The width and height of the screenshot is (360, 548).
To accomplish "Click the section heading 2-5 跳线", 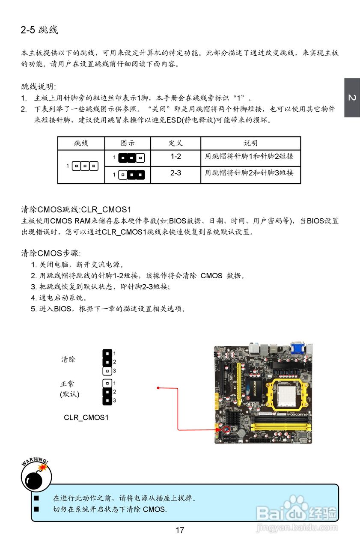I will (39, 30).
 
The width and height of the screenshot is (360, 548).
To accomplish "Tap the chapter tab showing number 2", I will (352, 98).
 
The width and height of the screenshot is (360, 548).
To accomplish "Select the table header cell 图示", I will (128, 143).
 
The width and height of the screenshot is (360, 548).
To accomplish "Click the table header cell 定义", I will (176, 143).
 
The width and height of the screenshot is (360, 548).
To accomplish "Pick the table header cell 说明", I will (250, 143).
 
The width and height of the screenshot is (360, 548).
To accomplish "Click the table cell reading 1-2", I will (176, 157).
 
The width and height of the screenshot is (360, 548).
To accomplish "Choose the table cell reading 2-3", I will (176, 173).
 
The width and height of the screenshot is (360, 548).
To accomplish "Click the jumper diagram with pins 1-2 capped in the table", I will (131, 158).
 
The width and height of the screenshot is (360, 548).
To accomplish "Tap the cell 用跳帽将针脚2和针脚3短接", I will (249, 173).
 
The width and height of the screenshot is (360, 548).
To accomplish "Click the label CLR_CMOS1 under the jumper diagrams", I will (86, 417).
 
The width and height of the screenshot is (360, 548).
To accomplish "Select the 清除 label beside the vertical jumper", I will (68, 360).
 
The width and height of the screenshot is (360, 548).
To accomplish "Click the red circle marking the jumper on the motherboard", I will (226, 428).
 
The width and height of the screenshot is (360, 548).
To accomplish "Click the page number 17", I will (180, 530).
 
